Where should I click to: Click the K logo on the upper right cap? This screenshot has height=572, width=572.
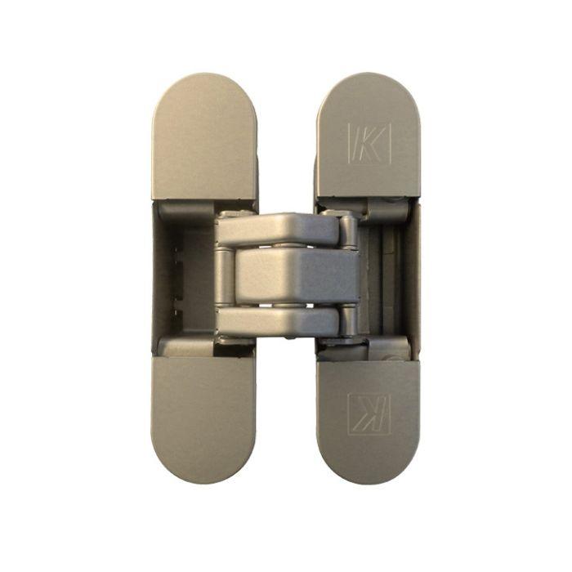pos(369,145)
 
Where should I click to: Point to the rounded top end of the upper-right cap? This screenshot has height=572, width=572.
pos(368,86)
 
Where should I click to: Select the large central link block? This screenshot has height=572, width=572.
pos(294,275)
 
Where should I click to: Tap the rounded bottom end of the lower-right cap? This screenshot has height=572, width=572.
pos(368,474)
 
